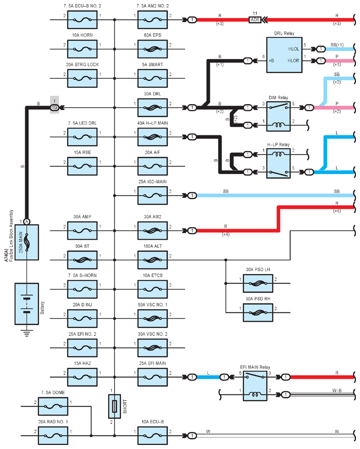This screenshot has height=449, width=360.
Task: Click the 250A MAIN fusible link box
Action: (x=27, y=242)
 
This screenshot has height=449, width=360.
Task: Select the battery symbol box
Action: (x=27, y=304)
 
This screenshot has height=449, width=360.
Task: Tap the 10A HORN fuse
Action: (x=82, y=49)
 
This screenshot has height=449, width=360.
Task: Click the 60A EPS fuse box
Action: (x=153, y=49)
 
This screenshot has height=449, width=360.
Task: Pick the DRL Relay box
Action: (x=284, y=55)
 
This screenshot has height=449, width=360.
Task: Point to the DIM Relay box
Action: (x=278, y=116)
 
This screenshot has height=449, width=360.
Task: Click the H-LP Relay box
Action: (x=278, y=163)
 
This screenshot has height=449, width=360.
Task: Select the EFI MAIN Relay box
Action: (x=255, y=386)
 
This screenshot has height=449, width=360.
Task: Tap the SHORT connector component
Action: (x=114, y=406)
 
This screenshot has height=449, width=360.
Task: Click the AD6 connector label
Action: (x=255, y=20)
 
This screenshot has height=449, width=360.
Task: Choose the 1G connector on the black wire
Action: (x=55, y=108)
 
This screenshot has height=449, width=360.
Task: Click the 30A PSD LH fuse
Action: (x=258, y=284)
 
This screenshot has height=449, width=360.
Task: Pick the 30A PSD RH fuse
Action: (x=258, y=313)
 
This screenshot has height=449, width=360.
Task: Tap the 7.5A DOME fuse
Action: (x=53, y=406)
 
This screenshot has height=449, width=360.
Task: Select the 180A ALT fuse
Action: (x=153, y=260)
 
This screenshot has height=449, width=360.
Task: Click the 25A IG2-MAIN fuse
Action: (x=153, y=196)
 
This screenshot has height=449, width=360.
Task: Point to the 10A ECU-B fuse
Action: (x=153, y=436)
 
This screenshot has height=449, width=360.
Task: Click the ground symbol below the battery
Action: (x=27, y=333)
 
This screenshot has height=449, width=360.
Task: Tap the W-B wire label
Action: (x=337, y=390)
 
